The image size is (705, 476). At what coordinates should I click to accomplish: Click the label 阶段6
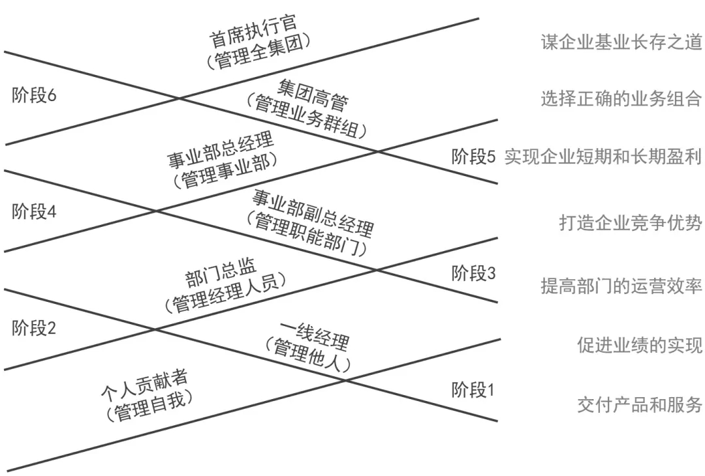[34, 95]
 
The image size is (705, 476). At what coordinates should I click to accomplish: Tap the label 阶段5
[473, 157]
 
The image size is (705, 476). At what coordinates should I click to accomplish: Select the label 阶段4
[34, 211]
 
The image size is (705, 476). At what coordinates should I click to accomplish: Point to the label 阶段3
[473, 274]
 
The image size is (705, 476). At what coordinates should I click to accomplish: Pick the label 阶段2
[34, 328]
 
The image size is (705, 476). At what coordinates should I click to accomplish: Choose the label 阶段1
[473, 391]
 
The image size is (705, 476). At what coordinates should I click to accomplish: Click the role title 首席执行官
[253, 31]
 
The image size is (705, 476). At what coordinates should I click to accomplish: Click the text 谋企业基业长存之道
[621, 42]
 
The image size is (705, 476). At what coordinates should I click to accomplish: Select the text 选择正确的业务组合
[621, 99]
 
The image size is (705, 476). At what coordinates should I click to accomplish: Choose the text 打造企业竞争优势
[630, 223]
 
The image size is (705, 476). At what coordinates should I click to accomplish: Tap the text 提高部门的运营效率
[621, 287]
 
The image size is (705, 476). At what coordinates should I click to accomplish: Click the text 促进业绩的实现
[639, 345]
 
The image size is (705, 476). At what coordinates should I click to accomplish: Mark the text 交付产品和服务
[639, 404]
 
